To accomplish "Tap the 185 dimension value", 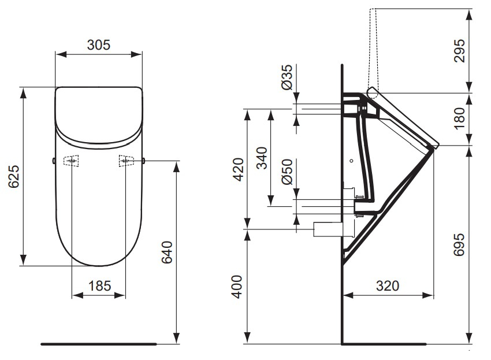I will point(99,285).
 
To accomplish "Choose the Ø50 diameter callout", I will point(287,172).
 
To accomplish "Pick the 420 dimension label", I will point(238,169).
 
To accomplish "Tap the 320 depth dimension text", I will point(388,285).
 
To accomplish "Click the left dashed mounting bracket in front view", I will point(71,161).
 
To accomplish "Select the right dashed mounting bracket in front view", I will point(127,160).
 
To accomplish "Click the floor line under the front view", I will point(98,343).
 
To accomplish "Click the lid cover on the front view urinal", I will point(99,113).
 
